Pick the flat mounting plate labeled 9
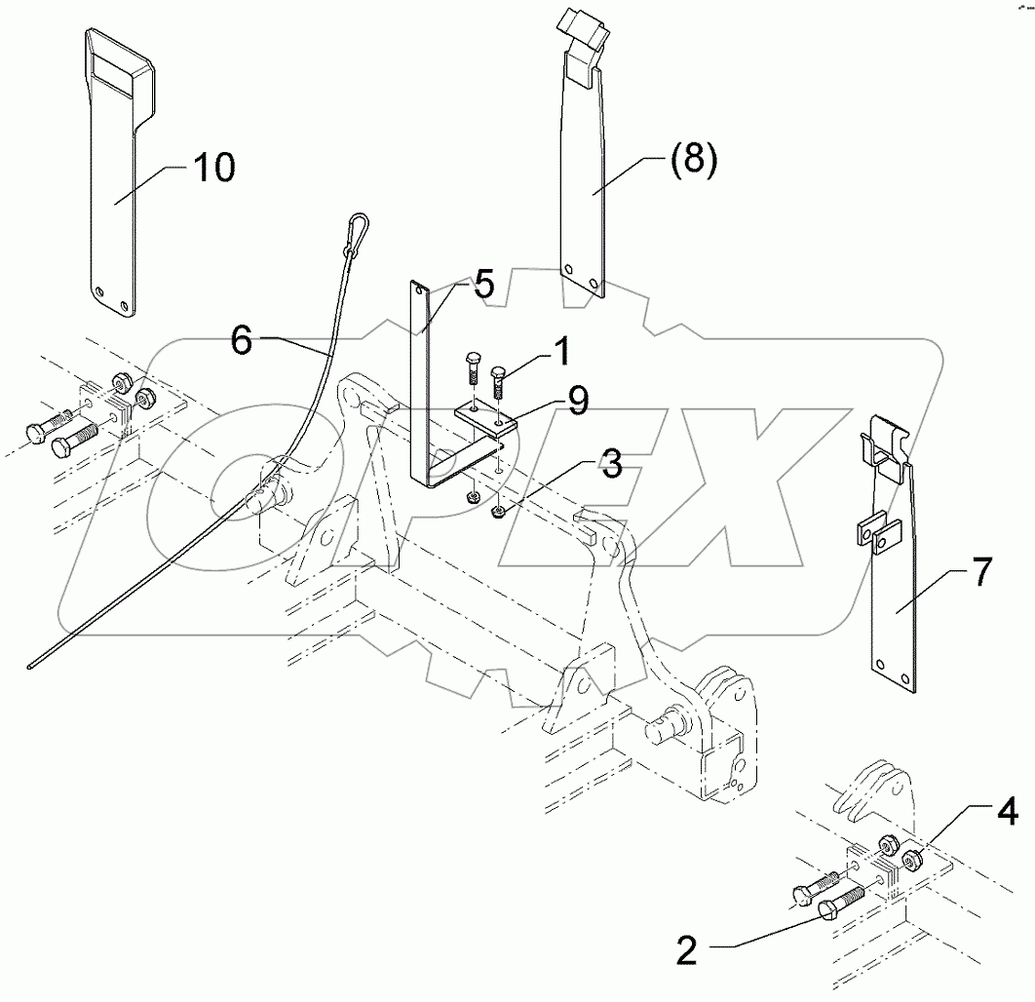click(484, 420)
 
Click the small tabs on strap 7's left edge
click(876, 532)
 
